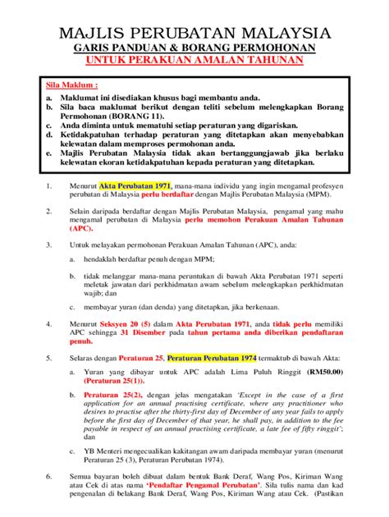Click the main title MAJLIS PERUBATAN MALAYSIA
pos(194,34)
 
